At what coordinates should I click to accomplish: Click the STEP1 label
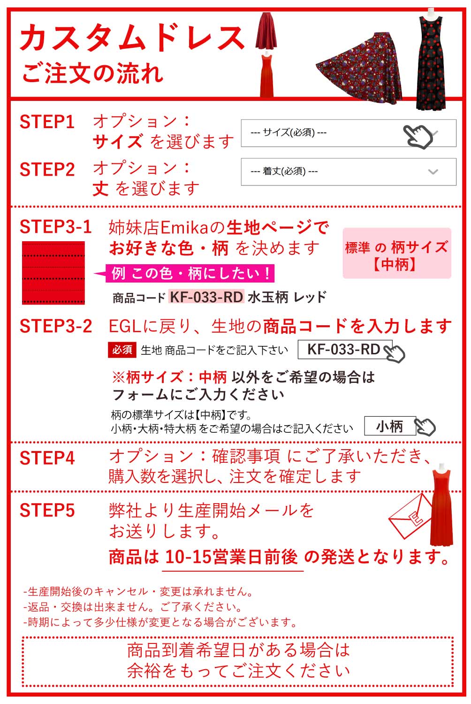[x=47, y=122]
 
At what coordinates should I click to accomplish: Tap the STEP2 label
[x=47, y=170]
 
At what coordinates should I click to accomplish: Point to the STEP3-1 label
[x=55, y=227]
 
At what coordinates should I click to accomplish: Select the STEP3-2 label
[x=56, y=326]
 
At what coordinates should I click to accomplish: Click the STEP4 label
[x=47, y=458]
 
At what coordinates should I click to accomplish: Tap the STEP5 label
[x=47, y=511]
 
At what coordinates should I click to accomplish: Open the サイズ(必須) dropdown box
[x=348, y=133]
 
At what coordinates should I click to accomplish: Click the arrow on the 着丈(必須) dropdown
[x=433, y=172]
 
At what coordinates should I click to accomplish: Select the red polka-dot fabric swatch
[x=53, y=273]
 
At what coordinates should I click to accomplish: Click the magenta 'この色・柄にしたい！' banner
[x=190, y=273]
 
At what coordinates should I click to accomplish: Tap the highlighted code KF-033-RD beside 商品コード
[x=206, y=297]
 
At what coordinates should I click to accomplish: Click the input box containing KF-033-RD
[x=345, y=350]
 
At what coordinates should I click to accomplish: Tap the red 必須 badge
[x=122, y=350]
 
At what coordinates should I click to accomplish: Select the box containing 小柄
[x=390, y=426]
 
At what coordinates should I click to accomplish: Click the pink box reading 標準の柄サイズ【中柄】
[x=397, y=254]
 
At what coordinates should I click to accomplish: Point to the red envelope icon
[x=410, y=515]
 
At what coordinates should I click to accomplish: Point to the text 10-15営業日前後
[x=232, y=557]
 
